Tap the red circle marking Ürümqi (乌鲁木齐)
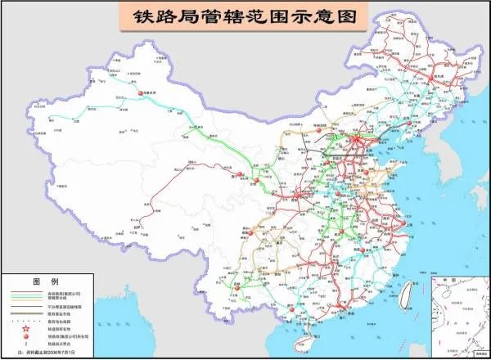click(x=140, y=93)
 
